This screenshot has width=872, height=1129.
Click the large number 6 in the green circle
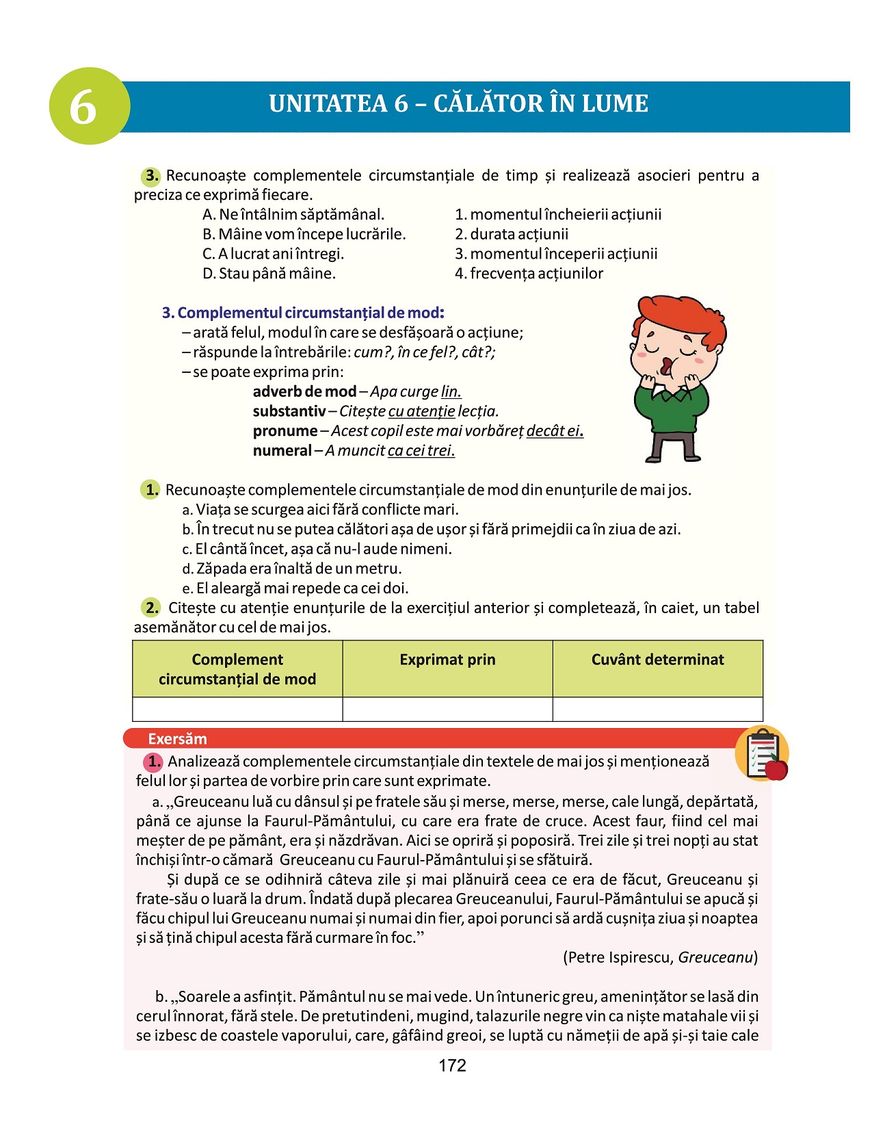[83, 107]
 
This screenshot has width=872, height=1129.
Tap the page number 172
[452, 1065]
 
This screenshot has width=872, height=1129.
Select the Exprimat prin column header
[447, 660]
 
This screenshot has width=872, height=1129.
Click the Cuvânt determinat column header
[657, 660]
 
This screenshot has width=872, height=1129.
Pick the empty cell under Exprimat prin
[447, 709]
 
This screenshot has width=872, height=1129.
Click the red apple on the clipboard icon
[776, 769]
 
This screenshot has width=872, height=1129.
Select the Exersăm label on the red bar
[177, 739]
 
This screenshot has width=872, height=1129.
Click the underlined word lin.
[451, 392]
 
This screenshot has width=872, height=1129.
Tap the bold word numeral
[282, 451]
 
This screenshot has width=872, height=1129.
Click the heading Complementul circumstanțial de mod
[303, 313]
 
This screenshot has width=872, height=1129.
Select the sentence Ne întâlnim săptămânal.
[293, 215]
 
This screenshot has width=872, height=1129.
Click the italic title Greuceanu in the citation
[715, 957]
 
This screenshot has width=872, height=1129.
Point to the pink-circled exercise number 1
[153, 762]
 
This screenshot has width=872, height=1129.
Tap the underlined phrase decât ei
[554, 431]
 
